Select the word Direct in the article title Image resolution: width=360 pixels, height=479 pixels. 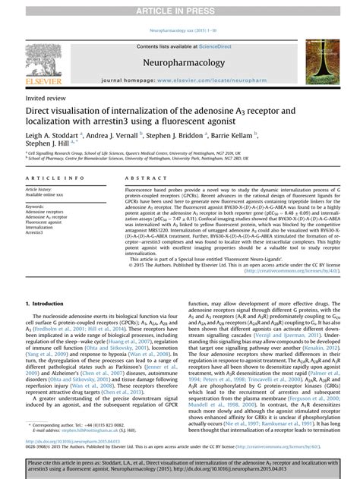41,112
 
